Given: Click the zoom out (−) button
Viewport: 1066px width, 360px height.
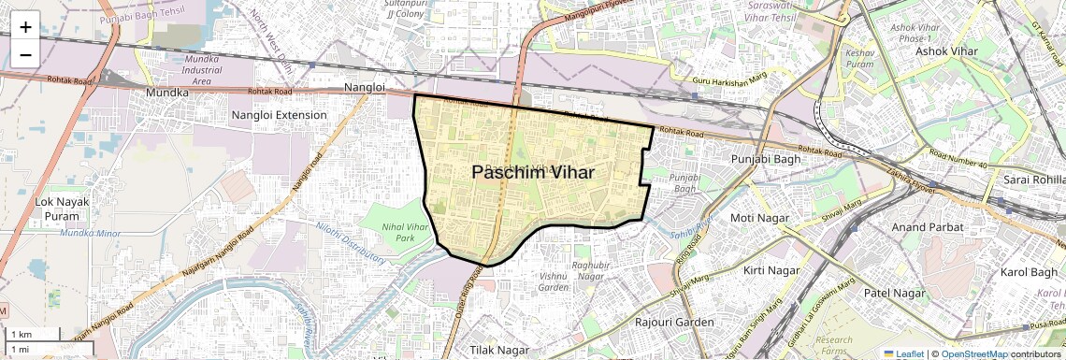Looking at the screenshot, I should click(25, 54).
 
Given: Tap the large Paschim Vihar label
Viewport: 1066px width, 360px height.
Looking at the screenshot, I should click(533, 173).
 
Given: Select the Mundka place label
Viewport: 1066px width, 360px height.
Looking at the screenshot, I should click(167, 93).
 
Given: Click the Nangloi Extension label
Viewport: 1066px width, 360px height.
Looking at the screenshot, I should click(279, 115).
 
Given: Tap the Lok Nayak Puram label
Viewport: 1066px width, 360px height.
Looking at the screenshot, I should click(62, 209).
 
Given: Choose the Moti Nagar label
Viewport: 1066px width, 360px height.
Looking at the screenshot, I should click(759, 218).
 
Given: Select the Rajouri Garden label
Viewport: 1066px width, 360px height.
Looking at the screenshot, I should click(674, 323).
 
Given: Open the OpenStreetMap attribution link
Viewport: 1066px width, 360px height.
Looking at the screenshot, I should click(973, 354).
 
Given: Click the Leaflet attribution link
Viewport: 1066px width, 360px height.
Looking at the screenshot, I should click(902, 354).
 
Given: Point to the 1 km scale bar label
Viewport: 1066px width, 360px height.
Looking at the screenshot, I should click(21, 334).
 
